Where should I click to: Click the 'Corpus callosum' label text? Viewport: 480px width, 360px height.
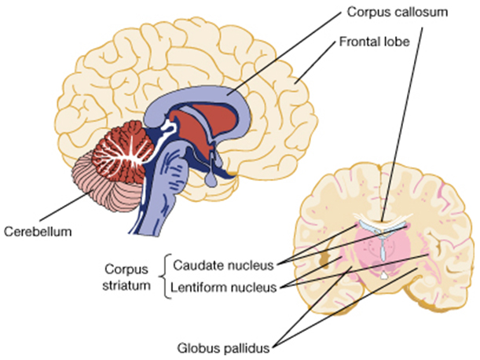(397, 13)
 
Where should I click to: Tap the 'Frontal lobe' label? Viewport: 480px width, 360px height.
(374, 42)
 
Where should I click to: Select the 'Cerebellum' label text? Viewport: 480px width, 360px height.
(38, 232)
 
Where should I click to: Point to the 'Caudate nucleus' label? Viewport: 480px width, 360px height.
(223, 266)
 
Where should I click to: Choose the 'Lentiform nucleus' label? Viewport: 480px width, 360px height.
(223, 288)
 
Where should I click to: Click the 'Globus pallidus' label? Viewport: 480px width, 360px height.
(223, 348)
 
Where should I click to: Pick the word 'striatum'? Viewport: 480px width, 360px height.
(126, 285)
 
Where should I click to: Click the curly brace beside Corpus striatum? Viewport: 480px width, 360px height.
(165, 276)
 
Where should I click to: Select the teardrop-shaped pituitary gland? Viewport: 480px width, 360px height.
(211, 179)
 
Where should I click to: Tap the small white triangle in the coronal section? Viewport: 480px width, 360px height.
(383, 275)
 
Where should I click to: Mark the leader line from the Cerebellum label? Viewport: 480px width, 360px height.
(67, 205)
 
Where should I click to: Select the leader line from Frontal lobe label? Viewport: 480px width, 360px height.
(315, 63)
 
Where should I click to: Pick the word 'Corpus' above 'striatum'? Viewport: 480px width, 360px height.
(126, 270)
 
